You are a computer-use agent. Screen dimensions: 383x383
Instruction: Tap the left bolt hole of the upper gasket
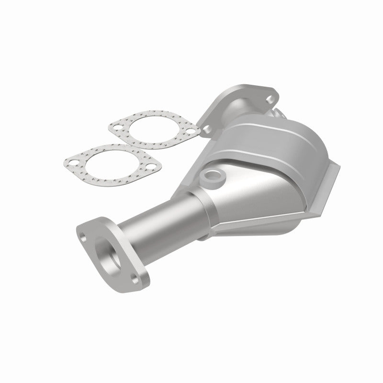tap(114, 127)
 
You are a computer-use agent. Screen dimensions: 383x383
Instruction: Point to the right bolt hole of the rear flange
tap(270, 100)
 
